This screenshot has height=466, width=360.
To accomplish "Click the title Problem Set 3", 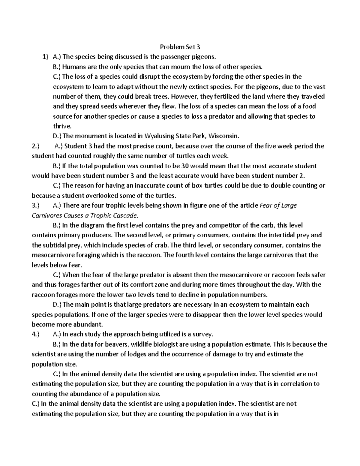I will tap(180, 47).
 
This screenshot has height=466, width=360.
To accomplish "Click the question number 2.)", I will tap(35, 146).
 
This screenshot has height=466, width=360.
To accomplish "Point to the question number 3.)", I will tap(35, 206).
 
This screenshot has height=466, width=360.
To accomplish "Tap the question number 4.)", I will tap(35, 334).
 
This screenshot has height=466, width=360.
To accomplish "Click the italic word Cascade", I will tap(127, 215).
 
